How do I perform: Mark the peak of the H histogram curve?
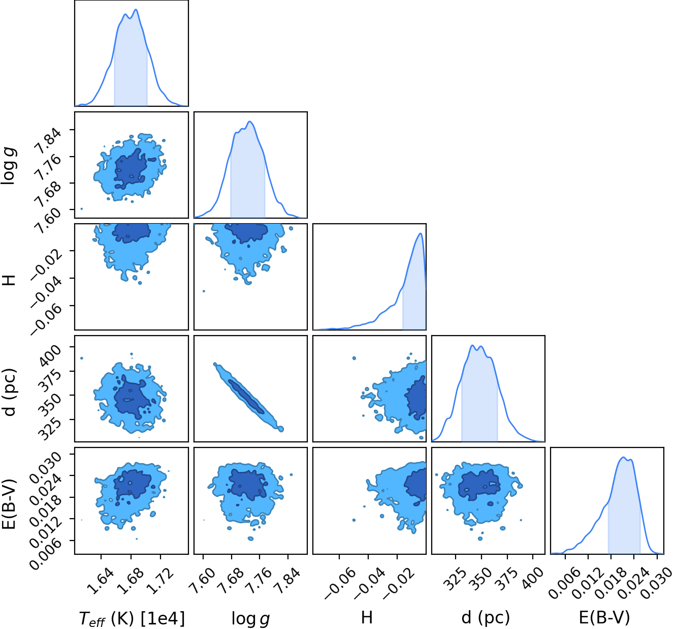[421, 233]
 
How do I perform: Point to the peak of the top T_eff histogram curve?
[136, 9]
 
